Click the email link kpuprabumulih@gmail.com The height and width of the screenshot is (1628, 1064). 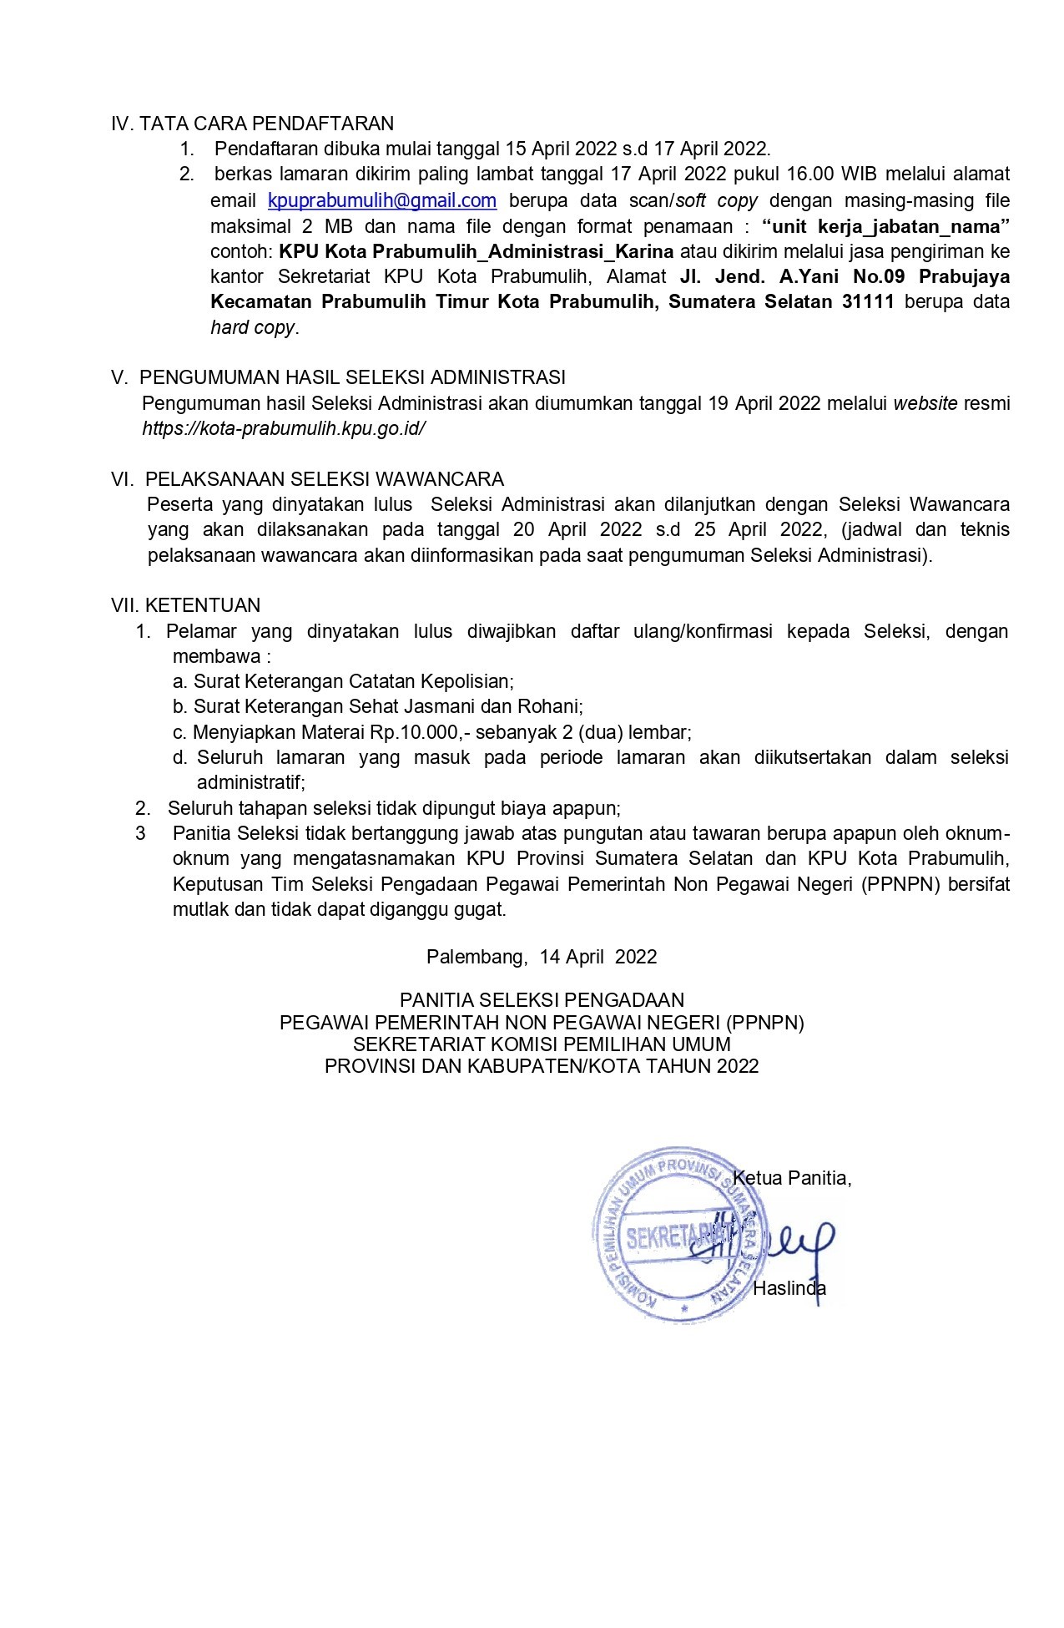(x=382, y=201)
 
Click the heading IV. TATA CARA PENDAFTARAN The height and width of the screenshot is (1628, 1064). (x=252, y=124)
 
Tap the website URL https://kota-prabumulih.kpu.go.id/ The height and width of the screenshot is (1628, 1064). (x=284, y=429)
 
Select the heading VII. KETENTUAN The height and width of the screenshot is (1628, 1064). (x=186, y=605)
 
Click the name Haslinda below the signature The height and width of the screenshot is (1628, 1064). (x=789, y=1288)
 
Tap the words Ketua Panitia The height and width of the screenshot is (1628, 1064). (x=791, y=1178)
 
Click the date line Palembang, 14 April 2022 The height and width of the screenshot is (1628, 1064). (x=542, y=957)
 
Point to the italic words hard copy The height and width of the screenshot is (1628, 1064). (x=252, y=327)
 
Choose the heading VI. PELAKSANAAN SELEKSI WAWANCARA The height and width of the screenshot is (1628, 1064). (x=308, y=479)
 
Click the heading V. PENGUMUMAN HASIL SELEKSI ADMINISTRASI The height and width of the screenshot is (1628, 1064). (x=339, y=377)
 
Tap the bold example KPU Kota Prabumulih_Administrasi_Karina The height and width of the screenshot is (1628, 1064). (x=477, y=251)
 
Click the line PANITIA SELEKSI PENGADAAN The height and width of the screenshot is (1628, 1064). (x=542, y=1000)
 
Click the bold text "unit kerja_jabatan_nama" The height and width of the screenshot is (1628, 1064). (x=886, y=226)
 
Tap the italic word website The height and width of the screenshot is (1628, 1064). (x=925, y=404)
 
